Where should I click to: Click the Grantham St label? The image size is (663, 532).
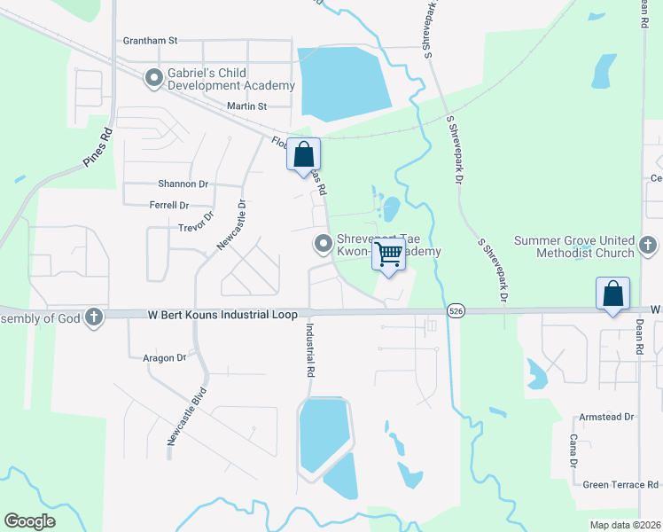pyautogui.click(x=151, y=40)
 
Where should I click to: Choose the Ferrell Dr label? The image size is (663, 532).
pyautogui.click(x=170, y=205)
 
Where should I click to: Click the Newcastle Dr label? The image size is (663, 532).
pyautogui.click(x=231, y=225)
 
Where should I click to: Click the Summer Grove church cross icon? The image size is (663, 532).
pyautogui.click(x=647, y=246)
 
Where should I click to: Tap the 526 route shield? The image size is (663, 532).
pyautogui.click(x=456, y=310)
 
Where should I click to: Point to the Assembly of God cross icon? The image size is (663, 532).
pyautogui.click(x=94, y=317)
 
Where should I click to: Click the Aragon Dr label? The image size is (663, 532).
pyautogui.click(x=164, y=357)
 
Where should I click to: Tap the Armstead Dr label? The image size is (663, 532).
pyautogui.click(x=607, y=417)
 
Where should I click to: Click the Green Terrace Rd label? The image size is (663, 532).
pyautogui.click(x=620, y=485)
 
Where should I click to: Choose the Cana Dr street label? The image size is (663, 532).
pyautogui.click(x=573, y=450)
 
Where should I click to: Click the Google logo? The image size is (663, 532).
pyautogui.click(x=30, y=520)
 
